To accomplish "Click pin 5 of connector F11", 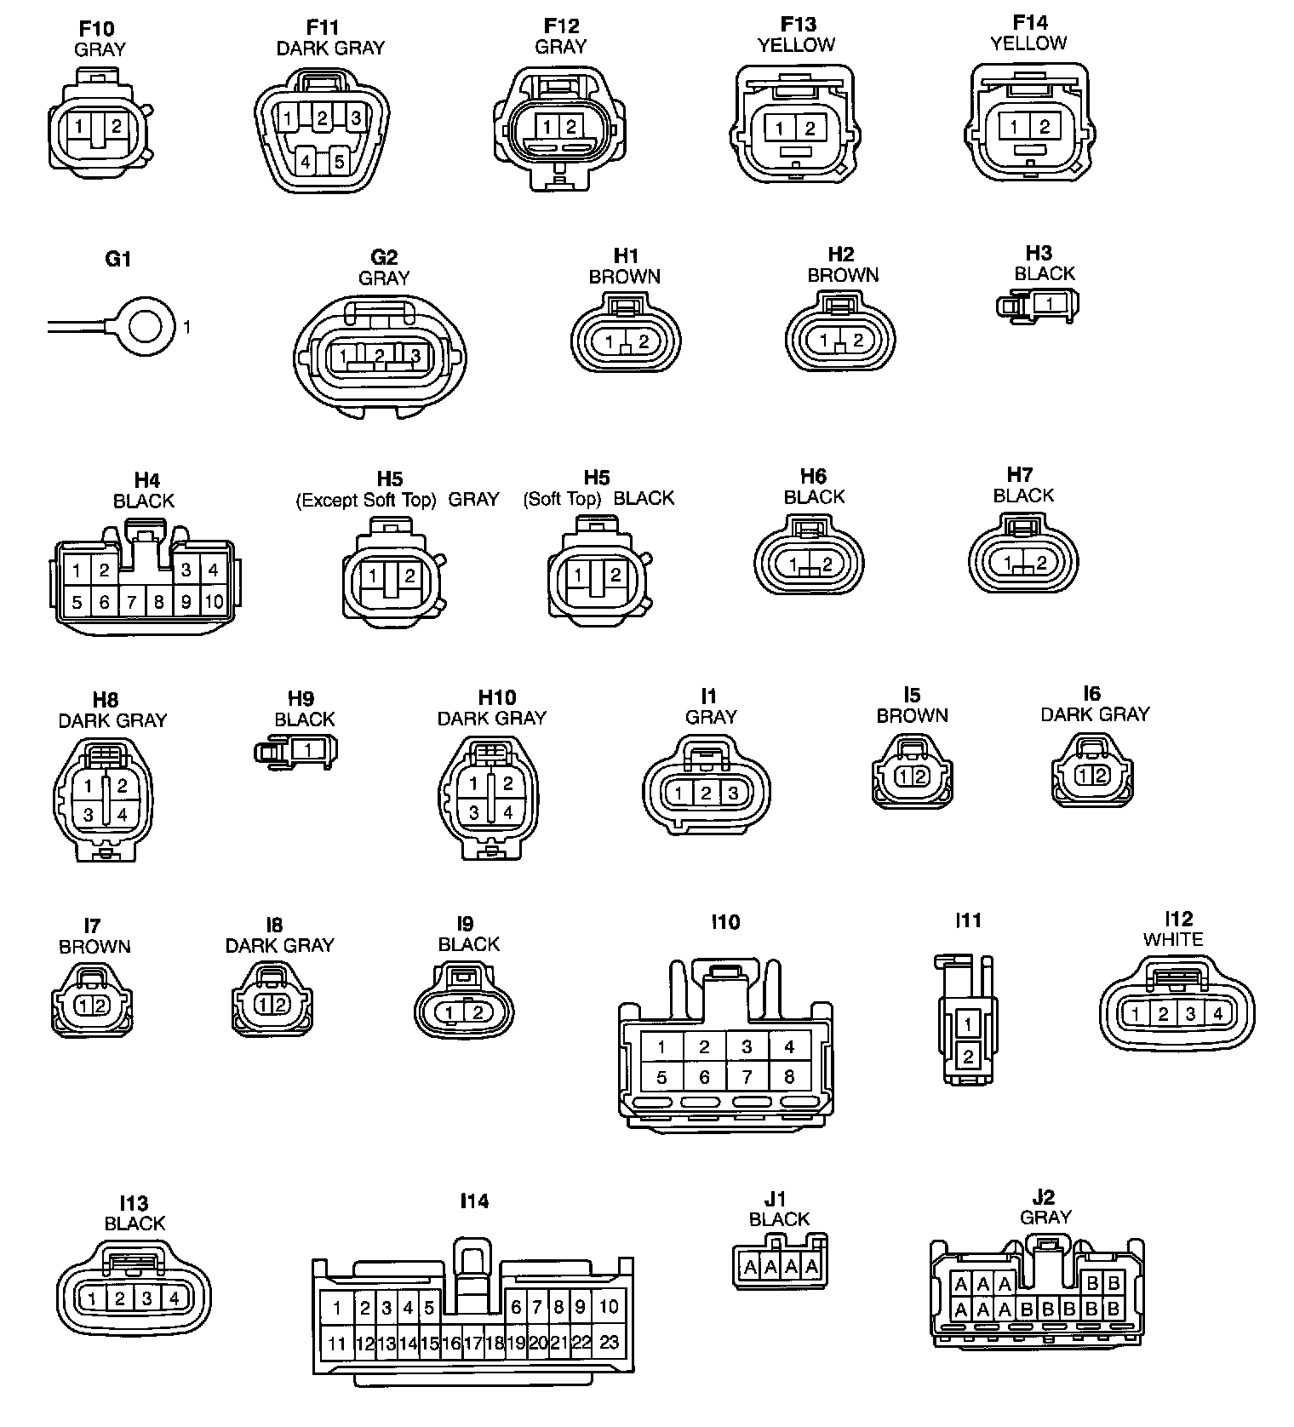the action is [x=339, y=160].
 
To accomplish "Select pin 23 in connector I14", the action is [x=609, y=1343].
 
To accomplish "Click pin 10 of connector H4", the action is [x=214, y=602].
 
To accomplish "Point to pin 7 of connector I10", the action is [x=747, y=1077].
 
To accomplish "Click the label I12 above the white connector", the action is [x=1178, y=919].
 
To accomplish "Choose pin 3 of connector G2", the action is [x=415, y=355].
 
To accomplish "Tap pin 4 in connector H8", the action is [x=122, y=815].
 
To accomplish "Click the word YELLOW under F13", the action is [x=796, y=45].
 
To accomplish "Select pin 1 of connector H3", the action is [x=1050, y=304].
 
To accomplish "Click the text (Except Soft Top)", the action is [x=365, y=500].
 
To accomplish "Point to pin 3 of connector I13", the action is [x=147, y=1298].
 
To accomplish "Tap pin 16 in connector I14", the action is [x=451, y=1344].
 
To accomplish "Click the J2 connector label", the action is [x=1043, y=1197].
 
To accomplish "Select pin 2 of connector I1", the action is [x=706, y=794].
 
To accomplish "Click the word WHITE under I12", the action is [x=1172, y=940].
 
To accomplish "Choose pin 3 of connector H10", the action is [x=474, y=812].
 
